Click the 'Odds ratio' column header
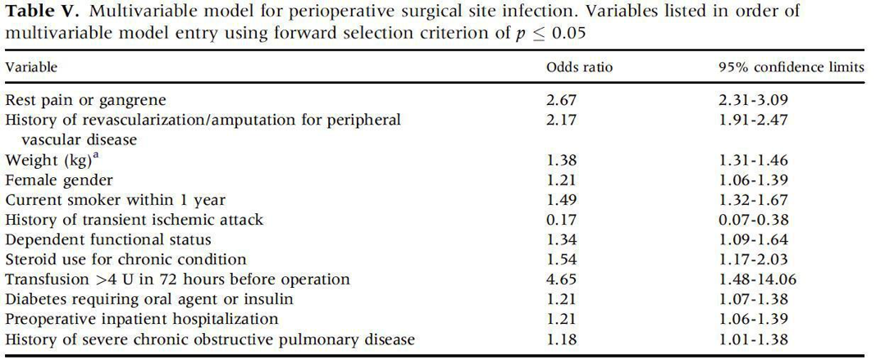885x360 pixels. (579, 67)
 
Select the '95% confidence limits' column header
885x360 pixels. (791, 67)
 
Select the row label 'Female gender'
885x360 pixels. (59, 180)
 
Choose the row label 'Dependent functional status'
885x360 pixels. (108, 239)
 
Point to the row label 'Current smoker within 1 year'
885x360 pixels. (115, 199)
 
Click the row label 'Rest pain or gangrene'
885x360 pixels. (85, 100)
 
